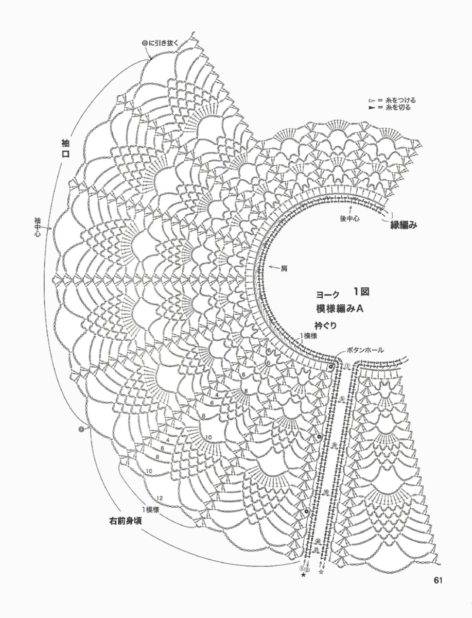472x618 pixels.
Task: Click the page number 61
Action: [439, 580]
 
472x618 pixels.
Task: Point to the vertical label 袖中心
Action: [38, 228]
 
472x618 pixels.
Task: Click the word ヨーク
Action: [328, 294]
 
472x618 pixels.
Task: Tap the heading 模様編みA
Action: [341, 308]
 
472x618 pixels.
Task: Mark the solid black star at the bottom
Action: [303, 575]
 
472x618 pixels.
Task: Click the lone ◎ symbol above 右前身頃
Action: [81, 428]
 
